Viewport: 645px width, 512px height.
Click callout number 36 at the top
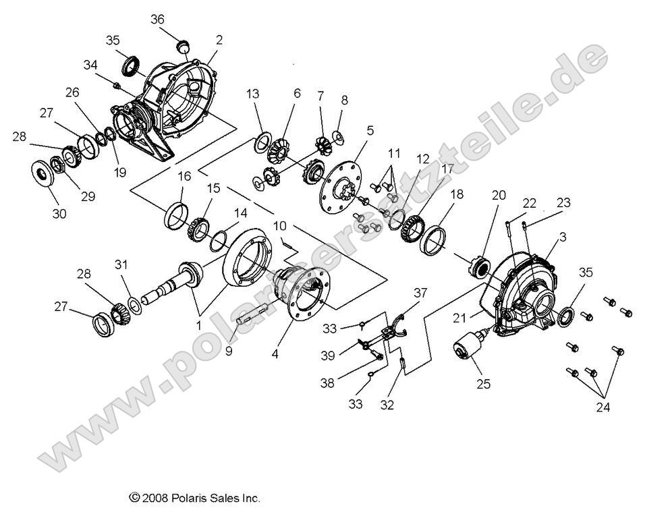click(157, 20)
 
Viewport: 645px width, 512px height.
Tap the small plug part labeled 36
click(181, 46)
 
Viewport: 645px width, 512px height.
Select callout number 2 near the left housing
click(219, 40)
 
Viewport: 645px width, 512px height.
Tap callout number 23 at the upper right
click(563, 202)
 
